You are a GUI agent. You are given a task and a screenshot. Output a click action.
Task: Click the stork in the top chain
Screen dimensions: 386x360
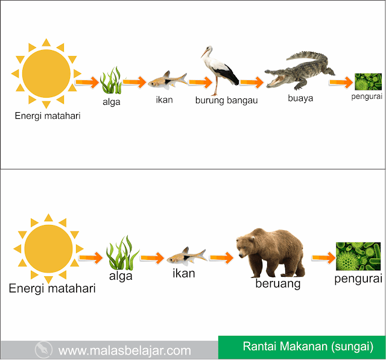click(x=220, y=71)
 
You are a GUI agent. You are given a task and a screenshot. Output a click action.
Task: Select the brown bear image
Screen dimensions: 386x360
click(x=271, y=253)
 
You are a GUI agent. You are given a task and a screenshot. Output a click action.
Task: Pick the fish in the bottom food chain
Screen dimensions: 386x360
click(x=186, y=256)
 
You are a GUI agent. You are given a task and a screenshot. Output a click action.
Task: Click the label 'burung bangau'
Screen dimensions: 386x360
click(x=227, y=101)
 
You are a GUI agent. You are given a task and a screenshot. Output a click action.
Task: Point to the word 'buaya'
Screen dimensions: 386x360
click(x=300, y=98)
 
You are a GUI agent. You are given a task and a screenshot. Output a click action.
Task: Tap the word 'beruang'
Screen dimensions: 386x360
click(x=278, y=284)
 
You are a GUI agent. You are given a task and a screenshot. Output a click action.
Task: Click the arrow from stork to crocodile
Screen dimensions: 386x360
click(x=252, y=82)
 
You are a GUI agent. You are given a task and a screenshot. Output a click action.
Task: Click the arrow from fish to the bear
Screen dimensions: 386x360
click(x=221, y=257)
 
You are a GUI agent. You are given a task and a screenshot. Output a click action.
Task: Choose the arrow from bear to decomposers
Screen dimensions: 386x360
click(x=324, y=257)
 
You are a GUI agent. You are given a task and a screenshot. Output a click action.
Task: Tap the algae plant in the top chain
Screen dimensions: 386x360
click(x=111, y=80)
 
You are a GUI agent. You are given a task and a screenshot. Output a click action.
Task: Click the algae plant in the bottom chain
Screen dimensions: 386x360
click(x=122, y=253)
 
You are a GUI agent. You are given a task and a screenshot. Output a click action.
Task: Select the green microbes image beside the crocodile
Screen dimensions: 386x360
click(x=369, y=81)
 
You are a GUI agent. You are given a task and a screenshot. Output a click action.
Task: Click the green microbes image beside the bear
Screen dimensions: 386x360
click(x=358, y=256)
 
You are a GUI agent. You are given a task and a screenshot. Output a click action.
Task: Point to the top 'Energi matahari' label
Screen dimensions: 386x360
click(x=48, y=116)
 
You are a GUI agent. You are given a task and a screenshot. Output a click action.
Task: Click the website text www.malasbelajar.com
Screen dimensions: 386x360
click(x=125, y=350)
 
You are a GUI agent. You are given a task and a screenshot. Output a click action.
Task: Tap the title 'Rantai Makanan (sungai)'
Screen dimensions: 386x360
click(x=308, y=347)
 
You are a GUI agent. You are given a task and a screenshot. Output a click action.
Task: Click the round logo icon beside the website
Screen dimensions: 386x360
click(x=43, y=349)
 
